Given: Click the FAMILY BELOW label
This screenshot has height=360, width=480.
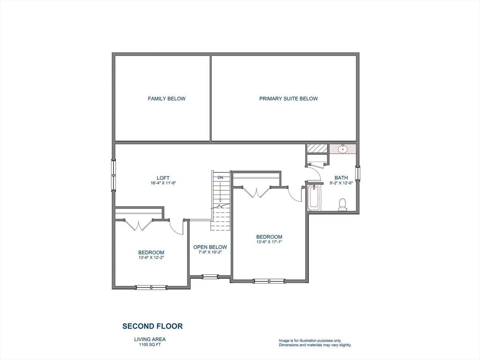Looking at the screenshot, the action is (x=166, y=98).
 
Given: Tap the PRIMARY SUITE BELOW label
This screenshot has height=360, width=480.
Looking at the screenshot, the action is (x=288, y=98).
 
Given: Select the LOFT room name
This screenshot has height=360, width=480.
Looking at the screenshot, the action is (x=163, y=178).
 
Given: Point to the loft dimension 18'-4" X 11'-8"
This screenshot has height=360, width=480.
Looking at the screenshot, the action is (x=163, y=183).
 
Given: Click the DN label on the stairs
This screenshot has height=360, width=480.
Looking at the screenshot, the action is (x=220, y=177).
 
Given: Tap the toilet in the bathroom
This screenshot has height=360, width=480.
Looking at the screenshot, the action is (x=343, y=204).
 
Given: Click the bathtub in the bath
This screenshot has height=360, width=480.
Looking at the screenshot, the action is (x=314, y=198).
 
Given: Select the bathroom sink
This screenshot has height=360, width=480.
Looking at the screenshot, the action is (x=343, y=149).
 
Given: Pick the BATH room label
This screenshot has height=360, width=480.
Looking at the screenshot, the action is (x=341, y=178).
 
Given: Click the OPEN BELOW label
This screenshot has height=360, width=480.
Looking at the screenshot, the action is (x=210, y=247).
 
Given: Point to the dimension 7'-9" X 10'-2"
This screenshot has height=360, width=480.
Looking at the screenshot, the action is (x=210, y=252).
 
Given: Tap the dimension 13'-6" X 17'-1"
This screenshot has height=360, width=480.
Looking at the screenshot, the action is (x=269, y=242).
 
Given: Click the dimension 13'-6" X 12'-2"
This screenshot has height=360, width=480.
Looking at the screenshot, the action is (x=151, y=257).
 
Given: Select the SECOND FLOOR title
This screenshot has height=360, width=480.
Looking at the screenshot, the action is (x=152, y=326).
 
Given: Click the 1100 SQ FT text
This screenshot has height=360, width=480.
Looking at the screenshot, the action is (x=150, y=345).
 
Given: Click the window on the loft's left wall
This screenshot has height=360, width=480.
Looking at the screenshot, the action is (x=113, y=175).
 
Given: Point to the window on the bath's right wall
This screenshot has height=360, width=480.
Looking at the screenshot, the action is (x=358, y=173).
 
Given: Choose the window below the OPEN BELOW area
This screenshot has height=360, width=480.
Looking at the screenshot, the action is (x=210, y=277).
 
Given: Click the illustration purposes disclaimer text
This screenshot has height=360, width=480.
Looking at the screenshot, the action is (x=315, y=343).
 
